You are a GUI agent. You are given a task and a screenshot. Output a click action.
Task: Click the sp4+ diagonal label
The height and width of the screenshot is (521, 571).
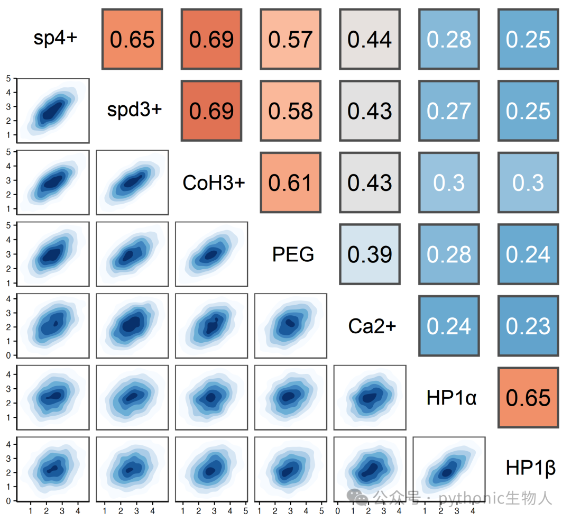pos(56,38)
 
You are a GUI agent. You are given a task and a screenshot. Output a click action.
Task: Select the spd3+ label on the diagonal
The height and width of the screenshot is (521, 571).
pos(134,109)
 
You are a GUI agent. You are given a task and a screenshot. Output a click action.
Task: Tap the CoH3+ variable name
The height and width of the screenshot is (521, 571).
pos(214,182)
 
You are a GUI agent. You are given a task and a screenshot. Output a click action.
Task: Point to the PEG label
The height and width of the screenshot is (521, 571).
pos(293,254)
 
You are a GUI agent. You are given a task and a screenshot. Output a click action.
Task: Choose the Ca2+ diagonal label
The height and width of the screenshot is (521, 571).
pos(372,326)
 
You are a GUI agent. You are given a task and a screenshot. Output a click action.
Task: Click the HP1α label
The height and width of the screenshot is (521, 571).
pos(452,397)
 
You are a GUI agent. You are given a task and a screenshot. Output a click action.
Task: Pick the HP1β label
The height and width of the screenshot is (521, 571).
pos(531,468)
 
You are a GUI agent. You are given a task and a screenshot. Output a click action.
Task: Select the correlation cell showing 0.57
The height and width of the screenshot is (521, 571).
pos(291,39)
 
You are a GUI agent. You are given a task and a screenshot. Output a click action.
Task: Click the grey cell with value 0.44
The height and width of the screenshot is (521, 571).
pos(370,39)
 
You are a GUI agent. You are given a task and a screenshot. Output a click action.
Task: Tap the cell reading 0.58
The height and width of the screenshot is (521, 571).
pos(291,111)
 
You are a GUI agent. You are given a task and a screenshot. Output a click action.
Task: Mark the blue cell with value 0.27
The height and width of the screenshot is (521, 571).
pos(449,111)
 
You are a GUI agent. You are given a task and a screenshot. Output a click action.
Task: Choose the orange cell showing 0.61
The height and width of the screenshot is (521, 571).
pos(291,182)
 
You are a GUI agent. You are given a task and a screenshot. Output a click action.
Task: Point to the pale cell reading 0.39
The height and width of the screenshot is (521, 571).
pos(370,254)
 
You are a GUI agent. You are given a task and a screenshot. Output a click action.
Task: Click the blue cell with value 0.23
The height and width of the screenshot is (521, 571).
pos(528,326)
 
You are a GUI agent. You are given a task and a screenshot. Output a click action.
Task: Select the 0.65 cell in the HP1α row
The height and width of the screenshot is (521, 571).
pos(528,397)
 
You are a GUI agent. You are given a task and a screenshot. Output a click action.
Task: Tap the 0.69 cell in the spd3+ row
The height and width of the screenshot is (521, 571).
pos(211,111)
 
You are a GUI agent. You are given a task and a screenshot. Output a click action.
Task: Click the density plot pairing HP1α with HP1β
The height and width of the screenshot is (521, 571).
pos(449,469)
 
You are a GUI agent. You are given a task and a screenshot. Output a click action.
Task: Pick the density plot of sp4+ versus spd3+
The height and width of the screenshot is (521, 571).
pos(53,111)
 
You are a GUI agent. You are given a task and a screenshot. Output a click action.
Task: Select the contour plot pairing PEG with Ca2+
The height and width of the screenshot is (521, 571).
pos(291,326)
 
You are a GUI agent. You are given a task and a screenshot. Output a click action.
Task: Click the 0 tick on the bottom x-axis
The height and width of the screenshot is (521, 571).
pos(337,511)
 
